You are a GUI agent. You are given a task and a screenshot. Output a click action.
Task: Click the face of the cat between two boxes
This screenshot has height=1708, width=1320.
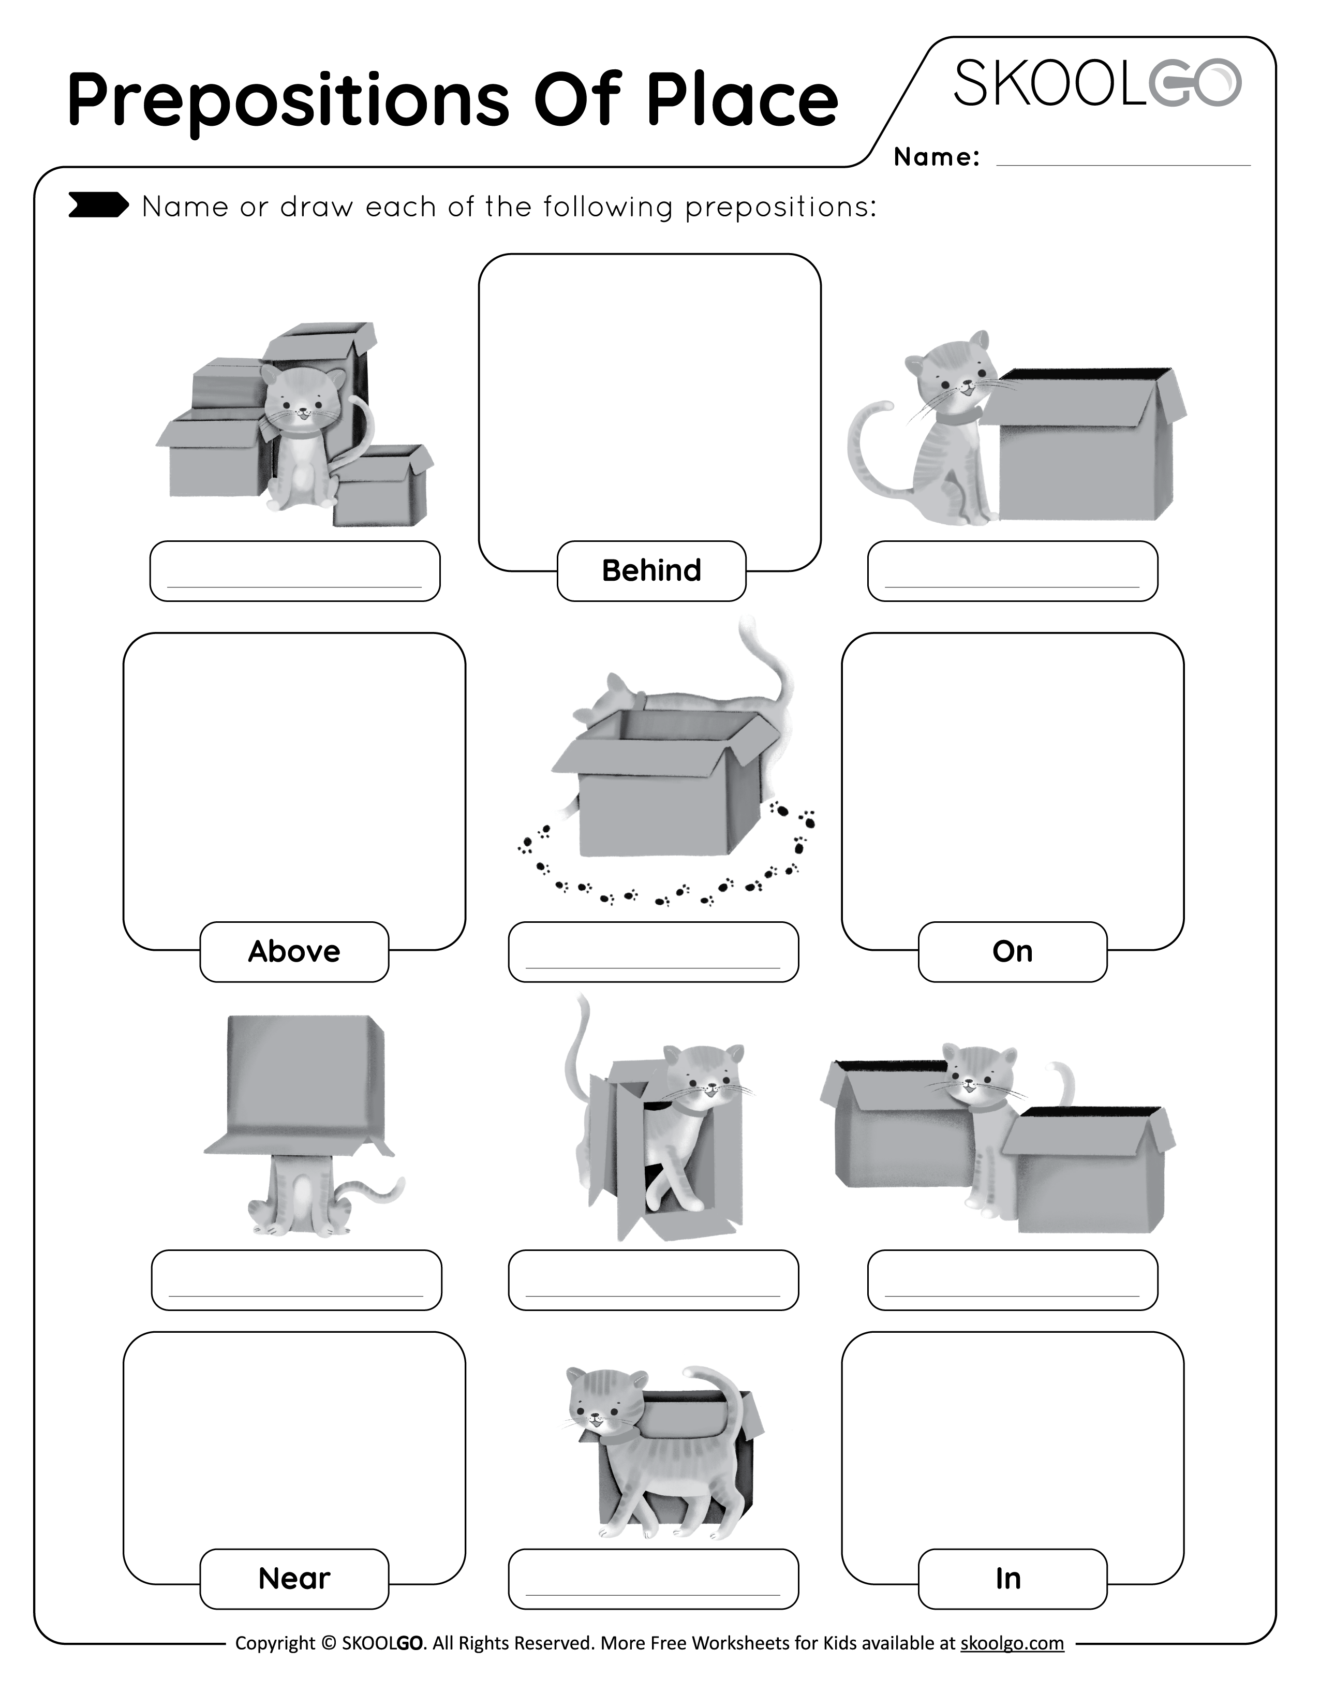point(977,1079)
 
